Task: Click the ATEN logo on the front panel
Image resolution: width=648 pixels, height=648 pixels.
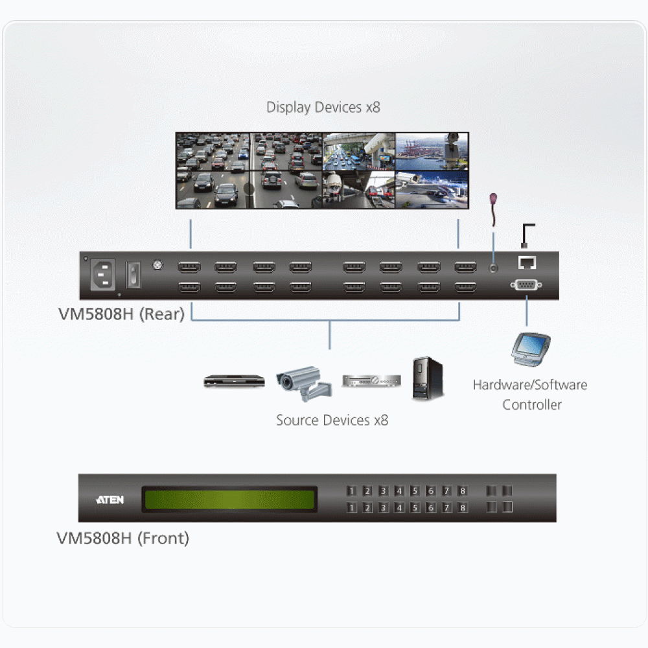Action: (110, 500)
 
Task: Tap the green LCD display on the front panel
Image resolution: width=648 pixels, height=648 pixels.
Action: (229, 499)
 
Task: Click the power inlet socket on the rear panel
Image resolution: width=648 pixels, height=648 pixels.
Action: (102, 274)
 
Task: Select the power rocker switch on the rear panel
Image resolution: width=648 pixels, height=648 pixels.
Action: (133, 275)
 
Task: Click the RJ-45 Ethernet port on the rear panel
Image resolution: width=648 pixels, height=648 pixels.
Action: (527, 262)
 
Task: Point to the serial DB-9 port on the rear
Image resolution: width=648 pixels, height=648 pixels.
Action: (526, 284)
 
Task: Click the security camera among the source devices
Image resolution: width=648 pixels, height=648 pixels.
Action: (304, 383)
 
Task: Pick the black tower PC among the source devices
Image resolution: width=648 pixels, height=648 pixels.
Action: (427, 378)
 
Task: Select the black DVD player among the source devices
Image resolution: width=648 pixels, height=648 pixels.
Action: (234, 380)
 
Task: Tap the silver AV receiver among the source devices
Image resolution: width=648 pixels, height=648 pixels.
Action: (371, 380)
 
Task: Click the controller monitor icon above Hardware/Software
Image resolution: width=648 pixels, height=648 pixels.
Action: (530, 349)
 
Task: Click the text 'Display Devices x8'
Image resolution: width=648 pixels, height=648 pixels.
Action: (323, 108)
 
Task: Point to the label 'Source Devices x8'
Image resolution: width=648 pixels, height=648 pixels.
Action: (332, 421)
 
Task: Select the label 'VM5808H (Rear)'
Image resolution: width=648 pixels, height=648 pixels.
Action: (122, 314)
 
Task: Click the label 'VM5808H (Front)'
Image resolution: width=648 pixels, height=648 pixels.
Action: (122, 538)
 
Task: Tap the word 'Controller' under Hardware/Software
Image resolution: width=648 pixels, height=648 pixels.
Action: (532, 404)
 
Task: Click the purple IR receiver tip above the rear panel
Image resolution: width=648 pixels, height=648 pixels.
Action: (493, 198)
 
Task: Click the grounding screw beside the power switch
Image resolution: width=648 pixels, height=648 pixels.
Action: (157, 264)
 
